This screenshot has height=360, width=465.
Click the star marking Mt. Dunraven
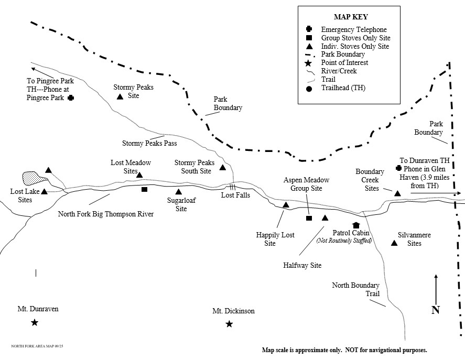(x=35, y=322)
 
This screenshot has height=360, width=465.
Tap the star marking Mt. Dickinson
(x=229, y=324)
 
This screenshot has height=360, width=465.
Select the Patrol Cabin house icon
(x=356, y=225)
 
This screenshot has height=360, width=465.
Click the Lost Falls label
(x=235, y=195)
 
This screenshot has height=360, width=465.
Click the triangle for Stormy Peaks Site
(x=120, y=97)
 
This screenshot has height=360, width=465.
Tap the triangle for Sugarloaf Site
(x=178, y=191)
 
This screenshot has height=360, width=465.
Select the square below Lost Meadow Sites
(x=144, y=189)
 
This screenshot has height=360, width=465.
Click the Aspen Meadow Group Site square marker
(x=309, y=218)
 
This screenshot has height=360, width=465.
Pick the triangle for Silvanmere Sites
(x=394, y=242)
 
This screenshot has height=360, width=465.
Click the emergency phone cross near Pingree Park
(x=70, y=97)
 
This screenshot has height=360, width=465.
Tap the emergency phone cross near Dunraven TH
(x=398, y=168)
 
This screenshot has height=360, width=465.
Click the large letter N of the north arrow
(x=435, y=310)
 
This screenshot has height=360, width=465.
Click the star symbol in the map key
(x=309, y=62)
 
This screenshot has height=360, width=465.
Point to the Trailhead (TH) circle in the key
(x=309, y=88)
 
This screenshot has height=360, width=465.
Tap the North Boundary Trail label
(x=356, y=289)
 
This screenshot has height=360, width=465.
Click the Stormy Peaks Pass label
(x=149, y=143)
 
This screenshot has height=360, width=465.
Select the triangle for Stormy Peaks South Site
(x=222, y=168)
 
